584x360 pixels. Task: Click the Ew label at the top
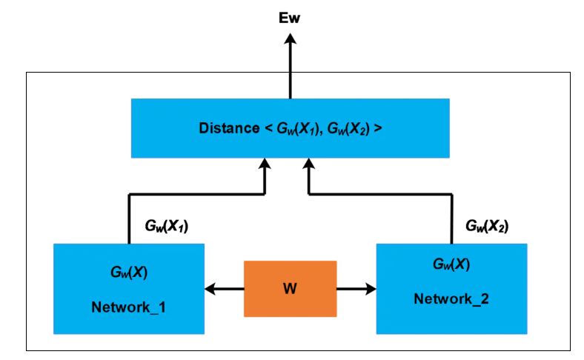click(x=290, y=16)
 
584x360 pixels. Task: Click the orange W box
click(x=290, y=288)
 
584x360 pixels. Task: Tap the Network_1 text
click(x=128, y=306)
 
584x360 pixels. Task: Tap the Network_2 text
click(x=451, y=299)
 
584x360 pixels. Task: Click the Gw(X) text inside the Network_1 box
click(x=129, y=272)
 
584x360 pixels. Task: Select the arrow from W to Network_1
click(x=224, y=288)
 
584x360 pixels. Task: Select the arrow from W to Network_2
click(x=356, y=288)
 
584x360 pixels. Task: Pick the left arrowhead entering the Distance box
click(x=265, y=164)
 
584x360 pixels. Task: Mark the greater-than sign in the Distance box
click(x=378, y=128)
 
